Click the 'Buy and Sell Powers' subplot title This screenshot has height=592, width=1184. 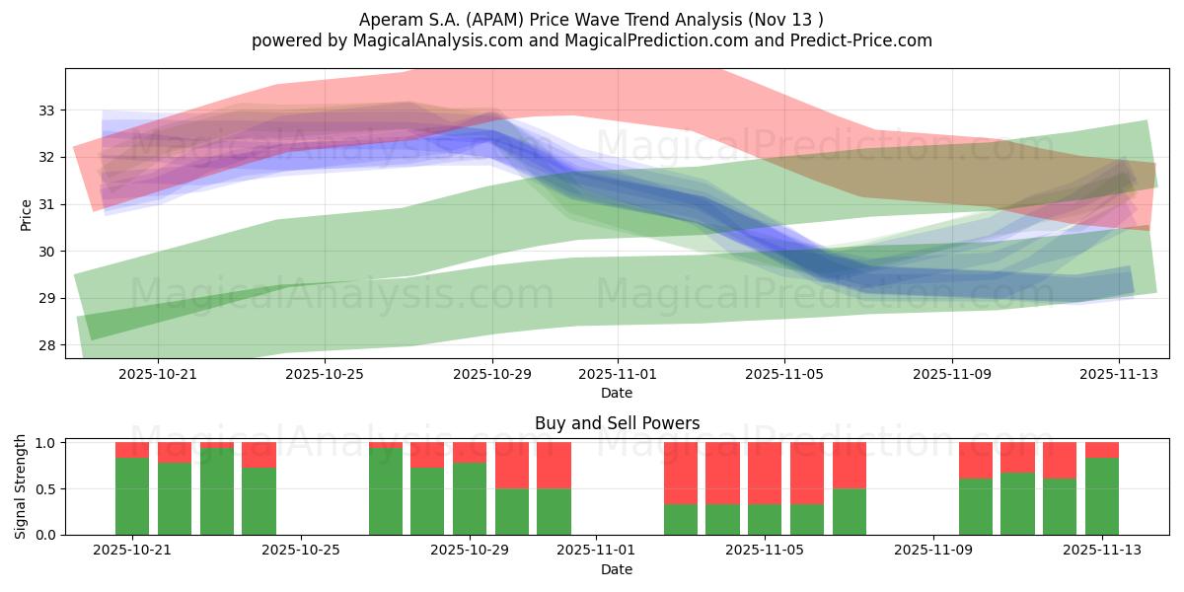click(x=617, y=423)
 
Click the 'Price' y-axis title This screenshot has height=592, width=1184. click(x=27, y=214)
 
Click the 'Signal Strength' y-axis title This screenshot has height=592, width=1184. click(x=21, y=487)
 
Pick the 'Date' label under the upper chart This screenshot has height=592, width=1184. click(x=617, y=393)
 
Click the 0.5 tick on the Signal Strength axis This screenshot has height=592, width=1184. click(x=46, y=489)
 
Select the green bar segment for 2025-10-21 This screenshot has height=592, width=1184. click(x=132, y=496)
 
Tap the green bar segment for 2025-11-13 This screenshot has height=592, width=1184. click(x=1101, y=496)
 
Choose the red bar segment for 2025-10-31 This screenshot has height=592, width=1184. click(x=554, y=465)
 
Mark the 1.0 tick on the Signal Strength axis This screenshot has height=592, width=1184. click(x=46, y=443)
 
